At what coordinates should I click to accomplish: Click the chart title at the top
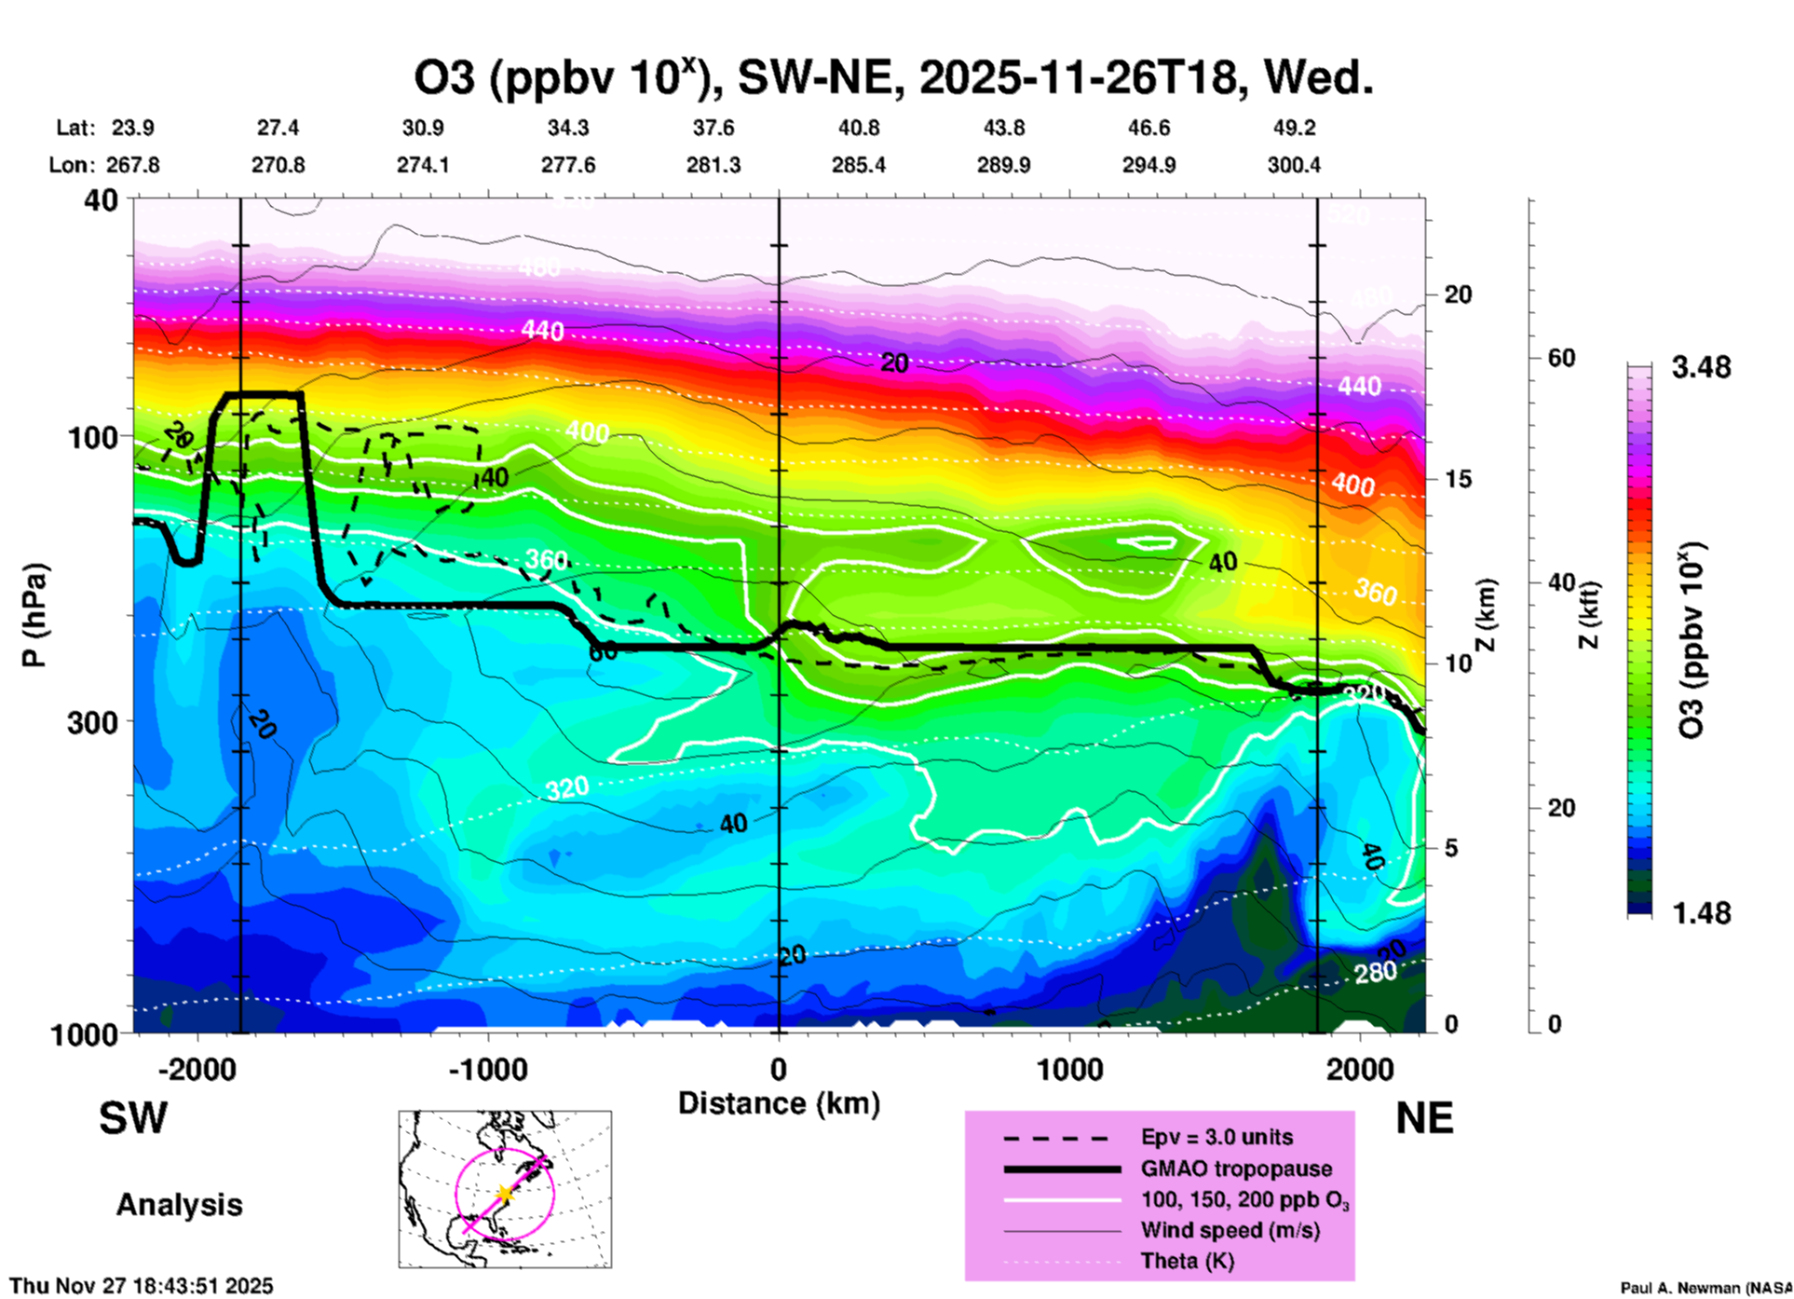(x=893, y=78)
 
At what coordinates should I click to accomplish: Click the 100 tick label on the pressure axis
(x=93, y=437)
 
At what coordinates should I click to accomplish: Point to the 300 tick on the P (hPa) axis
(x=93, y=722)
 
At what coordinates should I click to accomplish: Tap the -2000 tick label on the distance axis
(x=197, y=1070)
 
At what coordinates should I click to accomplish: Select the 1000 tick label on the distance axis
(x=1069, y=1070)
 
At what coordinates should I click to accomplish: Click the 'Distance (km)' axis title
(x=779, y=1103)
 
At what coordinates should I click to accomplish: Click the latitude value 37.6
(x=714, y=128)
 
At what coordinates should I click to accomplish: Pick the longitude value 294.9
(x=1148, y=165)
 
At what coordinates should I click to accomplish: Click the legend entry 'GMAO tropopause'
(x=1236, y=1169)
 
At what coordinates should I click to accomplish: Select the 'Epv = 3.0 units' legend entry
(x=1216, y=1137)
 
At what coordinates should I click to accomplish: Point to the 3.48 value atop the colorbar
(x=1701, y=368)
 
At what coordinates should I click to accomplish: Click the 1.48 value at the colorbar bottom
(x=1701, y=913)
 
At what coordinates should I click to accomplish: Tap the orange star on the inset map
(x=504, y=1194)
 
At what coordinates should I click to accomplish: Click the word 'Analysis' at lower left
(x=179, y=1205)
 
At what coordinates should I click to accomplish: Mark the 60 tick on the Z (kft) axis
(x=1561, y=359)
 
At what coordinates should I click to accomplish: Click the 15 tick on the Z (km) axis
(x=1457, y=479)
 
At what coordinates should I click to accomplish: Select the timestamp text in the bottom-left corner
(x=142, y=1286)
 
